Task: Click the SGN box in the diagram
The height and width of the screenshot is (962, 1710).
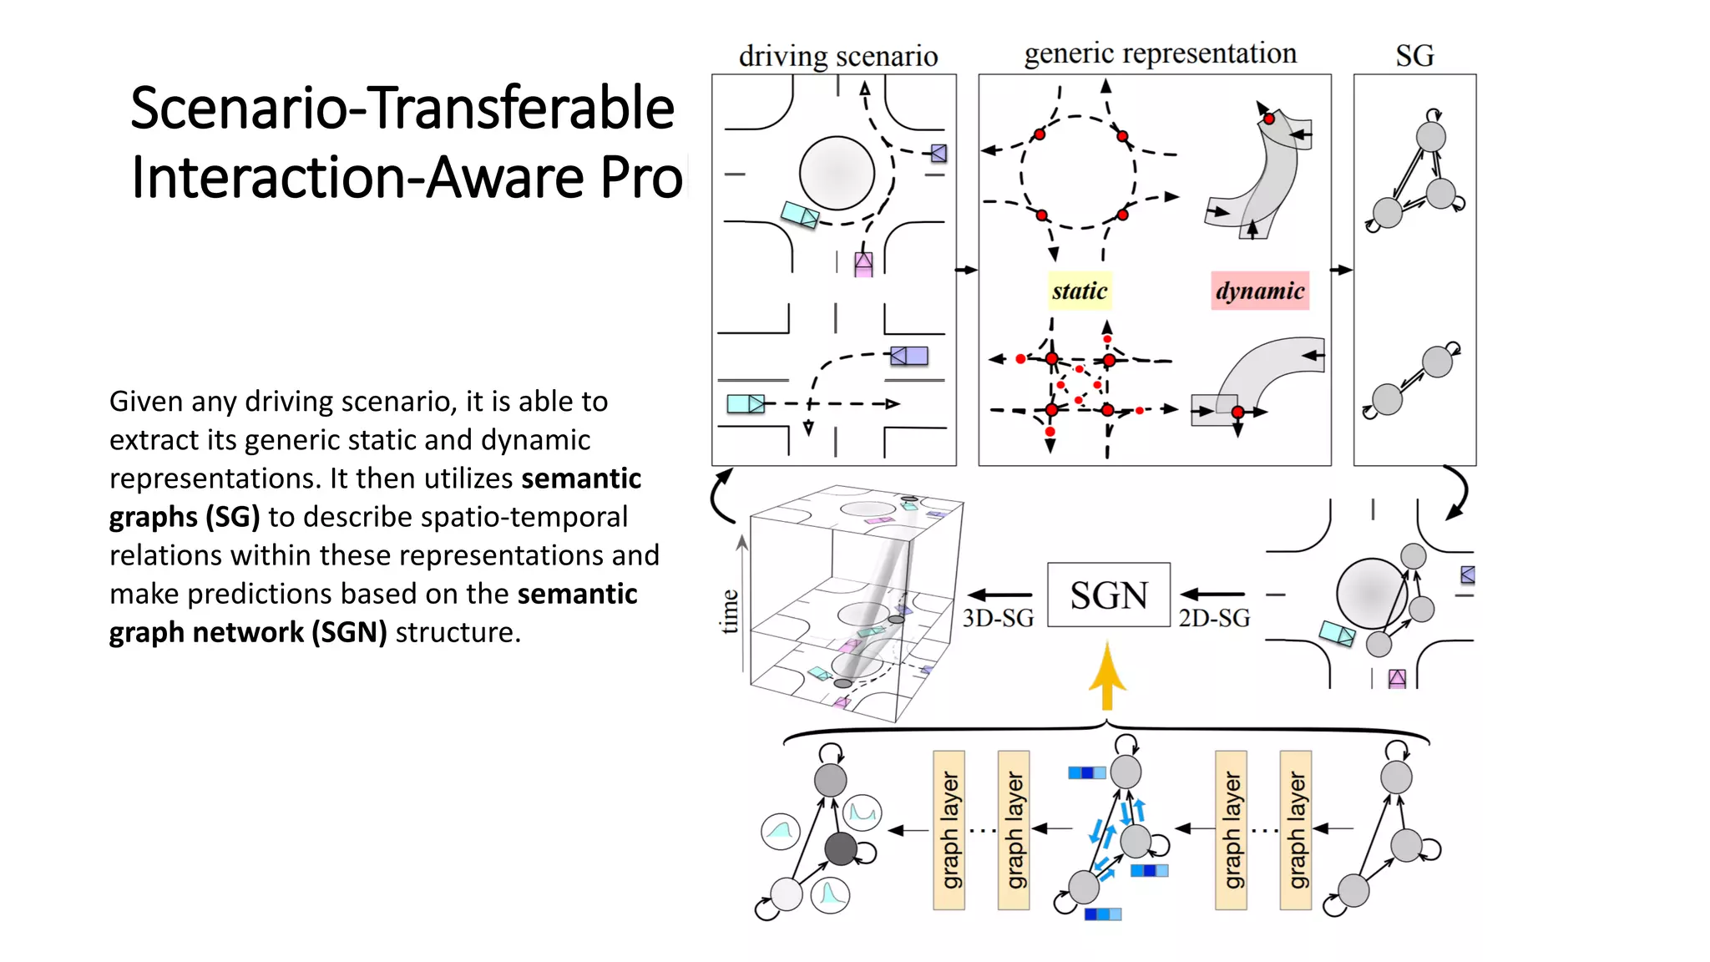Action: pyautogui.click(x=1108, y=595)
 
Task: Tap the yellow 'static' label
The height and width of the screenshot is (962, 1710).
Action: pyautogui.click(x=1079, y=291)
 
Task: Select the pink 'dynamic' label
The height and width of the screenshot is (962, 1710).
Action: pyautogui.click(x=1259, y=291)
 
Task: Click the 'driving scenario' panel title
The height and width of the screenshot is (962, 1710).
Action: pyautogui.click(x=837, y=56)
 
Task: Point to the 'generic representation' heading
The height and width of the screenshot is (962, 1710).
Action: pyautogui.click(x=1160, y=53)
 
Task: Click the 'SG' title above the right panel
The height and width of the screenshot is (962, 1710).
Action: pyautogui.click(x=1414, y=56)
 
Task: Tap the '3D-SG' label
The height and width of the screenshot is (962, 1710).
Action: pyautogui.click(x=998, y=618)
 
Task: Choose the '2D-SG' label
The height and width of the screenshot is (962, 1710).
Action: pyautogui.click(x=1214, y=618)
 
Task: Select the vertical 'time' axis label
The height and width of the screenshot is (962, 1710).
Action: pyautogui.click(x=730, y=611)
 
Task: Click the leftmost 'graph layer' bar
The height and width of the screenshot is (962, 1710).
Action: pyautogui.click(x=949, y=830)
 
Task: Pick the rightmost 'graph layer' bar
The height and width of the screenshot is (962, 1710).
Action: pyautogui.click(x=1295, y=830)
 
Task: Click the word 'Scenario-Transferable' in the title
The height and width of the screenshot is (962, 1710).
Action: pyautogui.click(x=402, y=109)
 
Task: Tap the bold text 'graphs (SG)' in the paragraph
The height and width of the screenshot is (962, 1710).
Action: pyautogui.click(x=185, y=517)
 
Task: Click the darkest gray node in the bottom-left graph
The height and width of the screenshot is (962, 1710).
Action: pyautogui.click(x=841, y=848)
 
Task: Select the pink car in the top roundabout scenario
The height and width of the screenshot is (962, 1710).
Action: pyautogui.click(x=863, y=264)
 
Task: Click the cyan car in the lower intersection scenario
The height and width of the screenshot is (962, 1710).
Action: pyautogui.click(x=745, y=404)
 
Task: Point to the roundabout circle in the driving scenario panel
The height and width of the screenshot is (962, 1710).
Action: pyautogui.click(x=837, y=173)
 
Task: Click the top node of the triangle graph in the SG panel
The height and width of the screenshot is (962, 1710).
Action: pyautogui.click(x=1430, y=136)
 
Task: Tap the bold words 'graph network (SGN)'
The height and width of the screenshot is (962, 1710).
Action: pyautogui.click(x=248, y=632)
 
